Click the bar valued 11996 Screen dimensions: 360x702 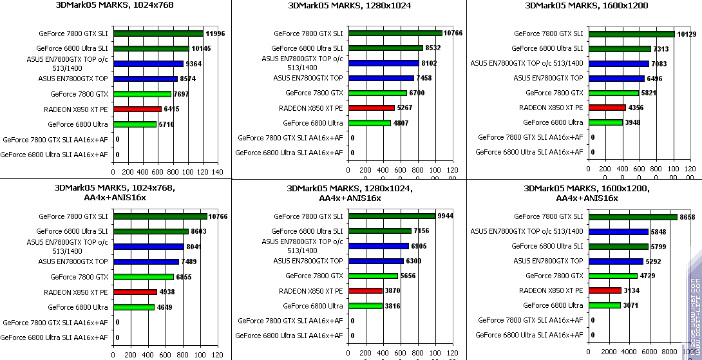click(x=158, y=33)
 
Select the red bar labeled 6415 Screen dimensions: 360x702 click(x=137, y=109)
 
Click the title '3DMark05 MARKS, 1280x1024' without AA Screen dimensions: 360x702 click(x=348, y=6)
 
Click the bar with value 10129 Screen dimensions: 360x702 click(x=632, y=34)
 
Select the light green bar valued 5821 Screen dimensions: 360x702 click(x=613, y=93)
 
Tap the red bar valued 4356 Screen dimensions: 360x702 click(x=607, y=108)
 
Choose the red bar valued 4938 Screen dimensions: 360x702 click(x=135, y=292)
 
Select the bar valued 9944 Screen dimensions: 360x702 click(x=392, y=216)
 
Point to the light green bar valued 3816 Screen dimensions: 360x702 click(x=365, y=306)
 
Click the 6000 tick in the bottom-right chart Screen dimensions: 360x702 click(x=648, y=352)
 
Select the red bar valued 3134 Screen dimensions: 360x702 click(x=605, y=290)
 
